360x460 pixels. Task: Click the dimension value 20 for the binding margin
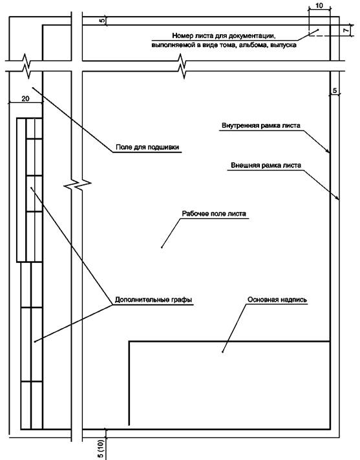(25, 99)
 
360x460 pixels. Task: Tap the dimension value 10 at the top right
(319, 5)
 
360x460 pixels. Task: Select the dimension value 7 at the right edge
(346, 30)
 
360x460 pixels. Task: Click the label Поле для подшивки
(147, 147)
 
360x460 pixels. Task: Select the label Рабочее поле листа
(214, 213)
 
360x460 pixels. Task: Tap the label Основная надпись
(277, 300)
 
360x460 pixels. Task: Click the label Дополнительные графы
(153, 300)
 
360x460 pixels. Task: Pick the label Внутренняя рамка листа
(261, 125)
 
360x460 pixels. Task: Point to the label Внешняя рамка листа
(266, 165)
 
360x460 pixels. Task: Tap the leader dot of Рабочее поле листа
(162, 247)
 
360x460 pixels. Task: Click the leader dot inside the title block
(223, 351)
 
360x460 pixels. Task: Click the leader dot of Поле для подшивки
(33, 87)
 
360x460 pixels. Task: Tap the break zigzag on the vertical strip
(77, 185)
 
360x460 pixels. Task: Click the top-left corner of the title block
(129, 342)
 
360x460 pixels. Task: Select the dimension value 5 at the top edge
(102, 21)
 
